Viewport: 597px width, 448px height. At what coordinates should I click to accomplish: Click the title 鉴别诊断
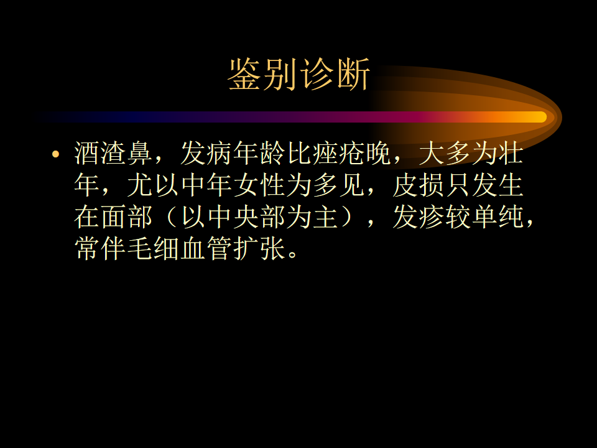tap(299, 74)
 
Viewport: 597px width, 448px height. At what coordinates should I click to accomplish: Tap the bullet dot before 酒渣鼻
tap(56, 154)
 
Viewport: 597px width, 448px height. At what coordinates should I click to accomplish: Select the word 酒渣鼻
tap(113, 154)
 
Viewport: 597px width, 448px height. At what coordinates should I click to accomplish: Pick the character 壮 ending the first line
tap(511, 154)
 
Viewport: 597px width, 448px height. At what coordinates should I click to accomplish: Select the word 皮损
tap(418, 185)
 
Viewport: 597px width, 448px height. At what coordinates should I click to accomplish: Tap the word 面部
tap(127, 217)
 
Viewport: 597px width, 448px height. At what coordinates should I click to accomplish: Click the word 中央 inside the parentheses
tap(233, 217)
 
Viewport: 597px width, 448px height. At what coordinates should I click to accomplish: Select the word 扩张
tap(259, 249)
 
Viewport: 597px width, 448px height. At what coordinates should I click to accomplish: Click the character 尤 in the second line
tap(140, 185)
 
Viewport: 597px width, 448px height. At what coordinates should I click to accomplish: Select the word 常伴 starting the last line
tap(100, 249)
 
